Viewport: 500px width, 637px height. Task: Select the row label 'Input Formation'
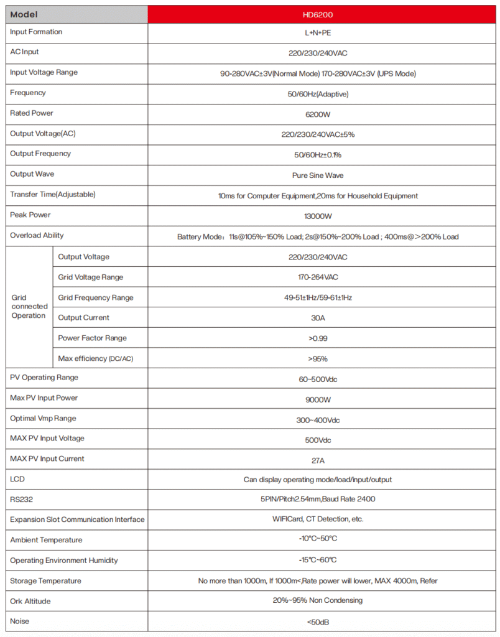pyautogui.click(x=36, y=32)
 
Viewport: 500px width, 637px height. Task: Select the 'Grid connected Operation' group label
pyautogui.click(x=29, y=307)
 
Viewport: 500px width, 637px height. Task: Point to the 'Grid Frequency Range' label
pyautogui.click(x=96, y=297)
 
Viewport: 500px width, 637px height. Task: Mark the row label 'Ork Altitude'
pyautogui.click(x=30, y=602)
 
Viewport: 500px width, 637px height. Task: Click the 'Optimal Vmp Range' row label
pyautogui.click(x=43, y=419)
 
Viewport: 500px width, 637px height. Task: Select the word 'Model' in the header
pyautogui.click(x=24, y=14)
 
